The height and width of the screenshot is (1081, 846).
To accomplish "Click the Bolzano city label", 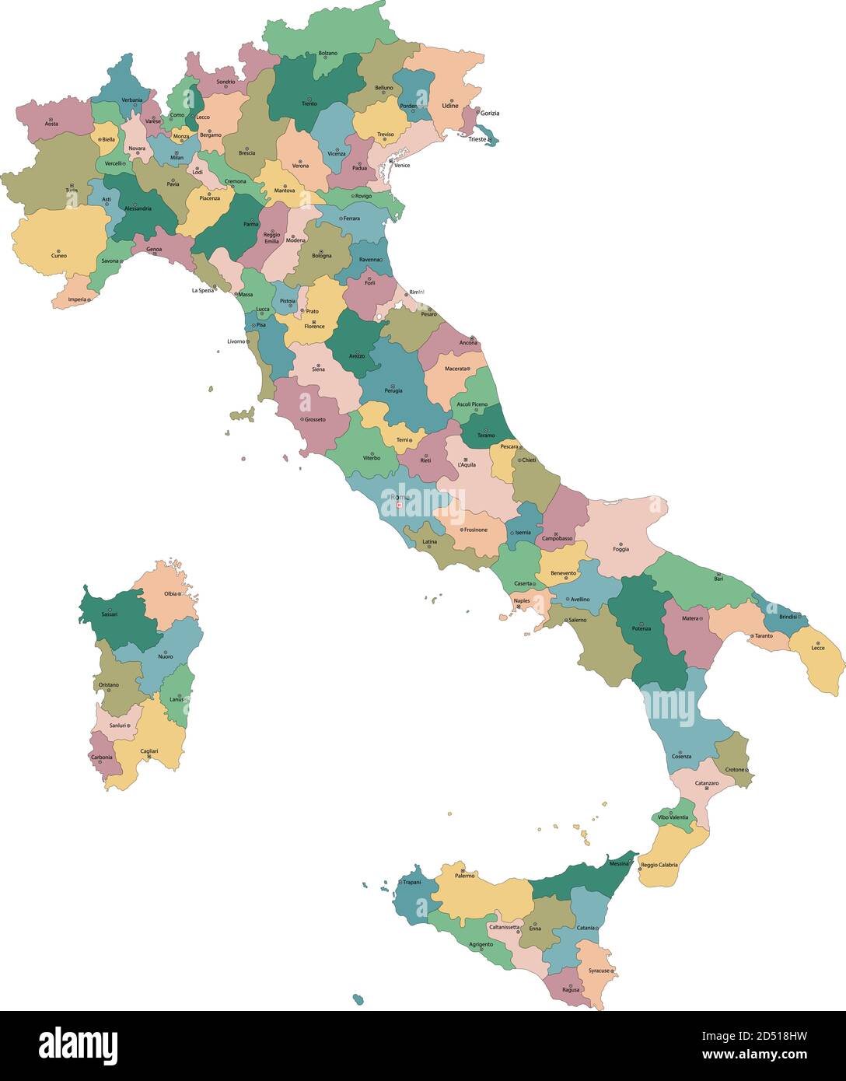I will click(327, 53).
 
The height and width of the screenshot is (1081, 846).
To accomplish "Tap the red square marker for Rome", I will click(399, 506).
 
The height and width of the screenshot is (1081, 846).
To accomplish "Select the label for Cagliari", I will click(149, 750).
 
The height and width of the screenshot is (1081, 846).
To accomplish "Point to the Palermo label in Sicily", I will click(464, 876).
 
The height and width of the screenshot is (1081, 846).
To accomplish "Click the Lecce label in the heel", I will click(818, 648).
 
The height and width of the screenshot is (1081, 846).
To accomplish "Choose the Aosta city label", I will click(51, 124).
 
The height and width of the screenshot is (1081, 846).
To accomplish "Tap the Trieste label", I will click(477, 140).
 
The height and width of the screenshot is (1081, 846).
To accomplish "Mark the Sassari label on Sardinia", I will click(110, 614).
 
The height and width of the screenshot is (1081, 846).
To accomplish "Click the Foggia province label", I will click(621, 550).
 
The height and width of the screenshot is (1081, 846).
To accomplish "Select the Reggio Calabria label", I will click(659, 865).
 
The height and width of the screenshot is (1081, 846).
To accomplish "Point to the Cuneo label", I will click(59, 255).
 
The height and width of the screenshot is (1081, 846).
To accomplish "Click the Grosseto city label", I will click(315, 419).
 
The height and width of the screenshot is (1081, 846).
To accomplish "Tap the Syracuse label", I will click(599, 971).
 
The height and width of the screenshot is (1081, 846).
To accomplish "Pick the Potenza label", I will click(641, 628).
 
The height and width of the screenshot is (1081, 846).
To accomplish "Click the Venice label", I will click(402, 165).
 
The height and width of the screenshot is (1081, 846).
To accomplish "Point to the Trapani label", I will click(411, 882).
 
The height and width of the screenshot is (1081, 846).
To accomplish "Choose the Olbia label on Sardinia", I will click(170, 593).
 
